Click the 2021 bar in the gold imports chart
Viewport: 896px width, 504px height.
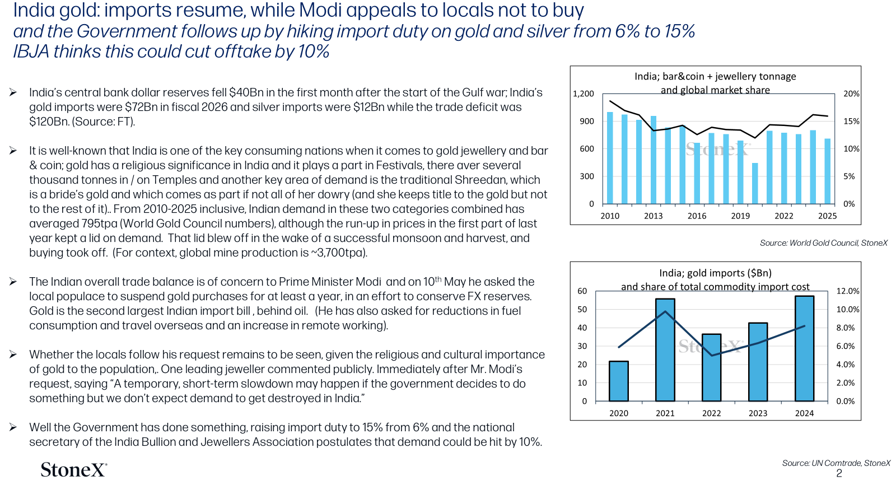pos(665,349)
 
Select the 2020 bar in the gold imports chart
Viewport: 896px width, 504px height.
pos(618,381)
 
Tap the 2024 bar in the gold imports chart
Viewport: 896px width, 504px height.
pos(804,348)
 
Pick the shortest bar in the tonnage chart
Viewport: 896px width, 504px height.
pos(755,183)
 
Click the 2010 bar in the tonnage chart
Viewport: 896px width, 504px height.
pos(610,158)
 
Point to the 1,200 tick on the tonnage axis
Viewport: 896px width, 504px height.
pos(584,94)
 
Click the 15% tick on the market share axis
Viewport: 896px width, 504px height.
pos(851,121)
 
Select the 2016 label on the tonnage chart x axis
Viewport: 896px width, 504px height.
pos(697,216)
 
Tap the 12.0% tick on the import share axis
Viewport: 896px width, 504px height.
pos(848,291)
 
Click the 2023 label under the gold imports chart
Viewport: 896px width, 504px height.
pos(758,413)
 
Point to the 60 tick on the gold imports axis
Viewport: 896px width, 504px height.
pos(582,291)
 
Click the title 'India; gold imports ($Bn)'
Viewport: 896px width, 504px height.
pos(715,273)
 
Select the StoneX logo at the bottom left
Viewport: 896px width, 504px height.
pos(74,469)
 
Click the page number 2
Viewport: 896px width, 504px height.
pos(839,474)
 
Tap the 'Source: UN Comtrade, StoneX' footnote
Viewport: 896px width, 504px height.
pos(836,463)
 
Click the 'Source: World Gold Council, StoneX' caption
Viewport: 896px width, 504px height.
pos(824,243)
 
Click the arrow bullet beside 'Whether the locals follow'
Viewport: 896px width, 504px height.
pos(13,354)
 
